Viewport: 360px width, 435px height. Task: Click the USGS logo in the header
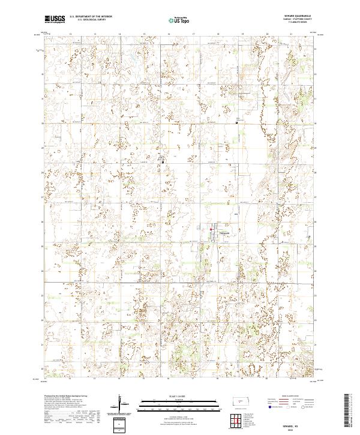(x=55, y=19)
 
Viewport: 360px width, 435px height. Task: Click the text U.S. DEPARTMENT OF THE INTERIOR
(x=91, y=17)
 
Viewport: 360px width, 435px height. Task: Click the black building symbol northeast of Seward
(x=236, y=123)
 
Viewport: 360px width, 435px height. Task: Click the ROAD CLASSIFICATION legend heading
(x=291, y=397)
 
